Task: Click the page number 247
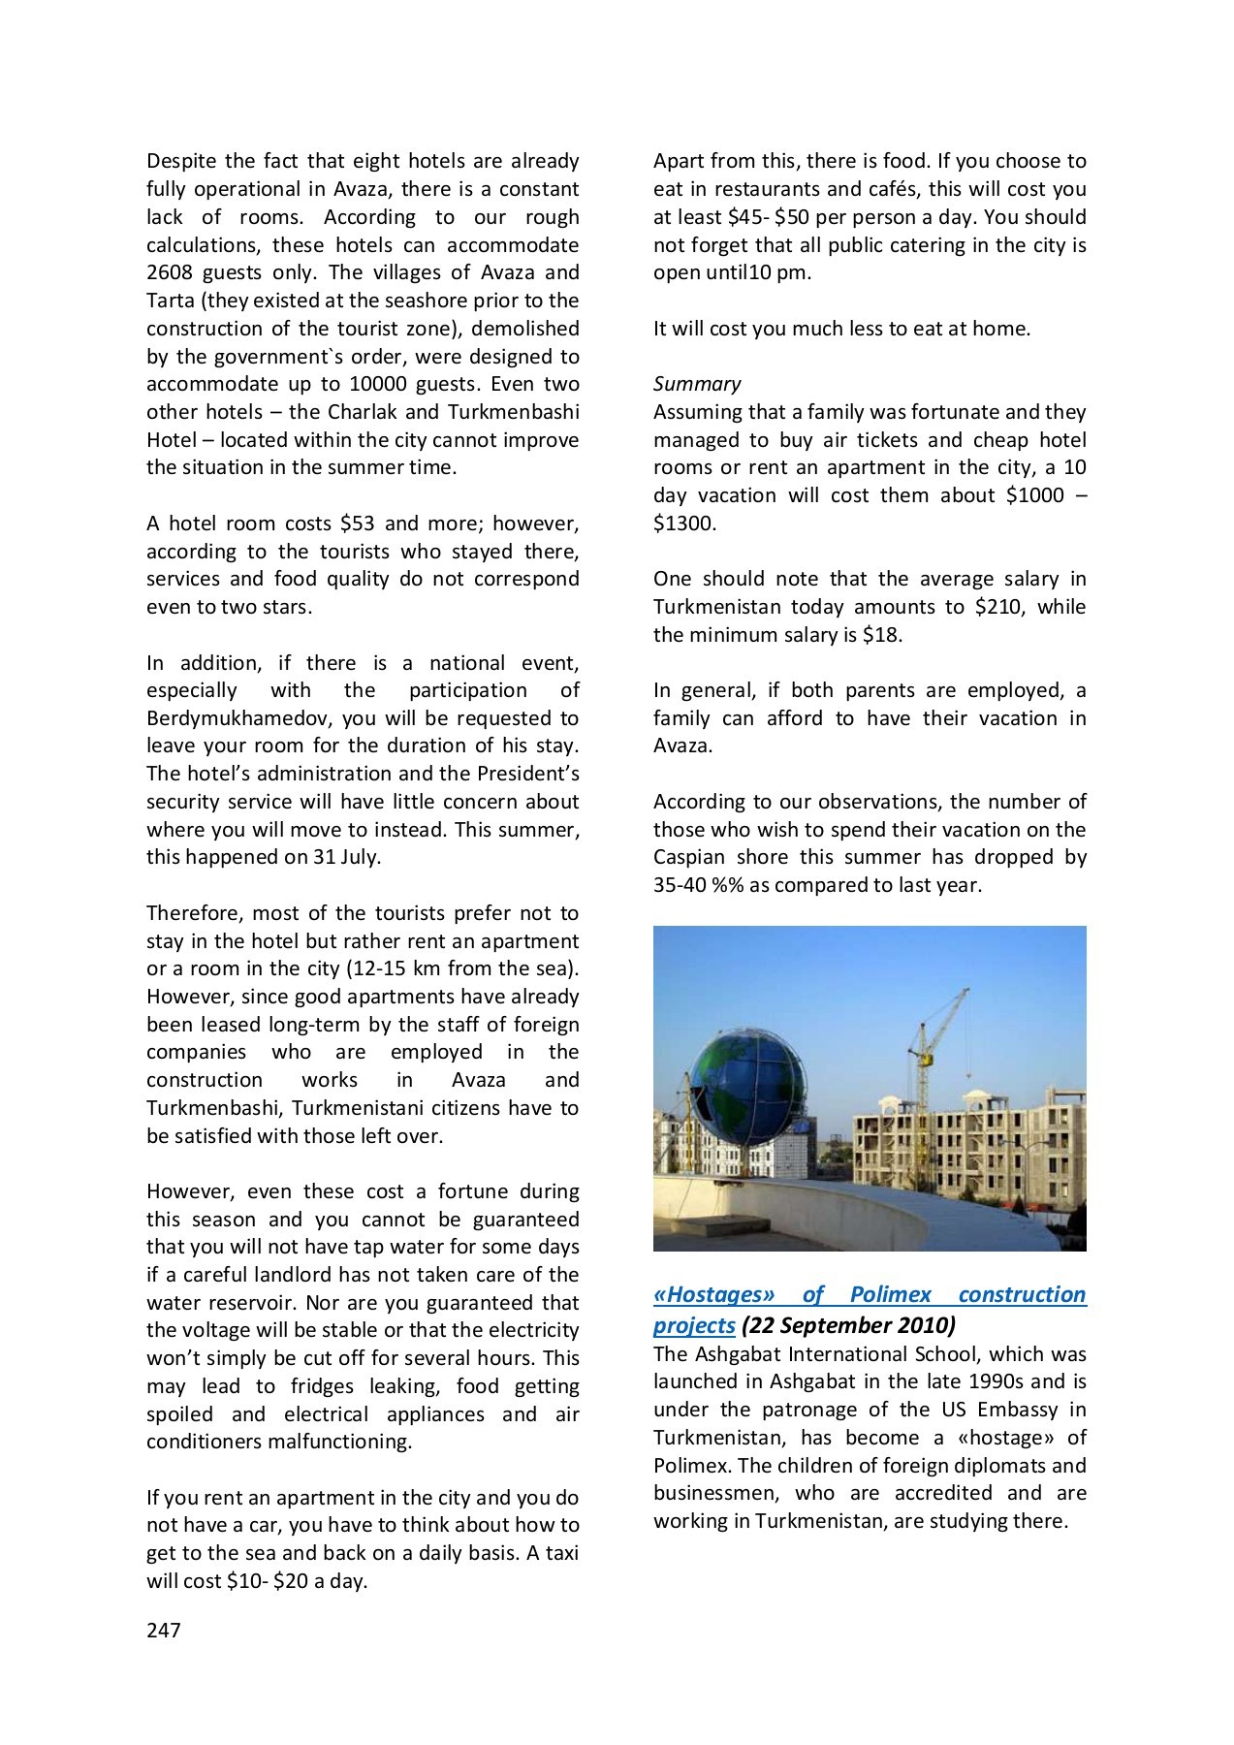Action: point(164,1631)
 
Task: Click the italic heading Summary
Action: point(697,384)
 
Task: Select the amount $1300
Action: point(684,523)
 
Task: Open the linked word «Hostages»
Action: point(714,1295)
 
